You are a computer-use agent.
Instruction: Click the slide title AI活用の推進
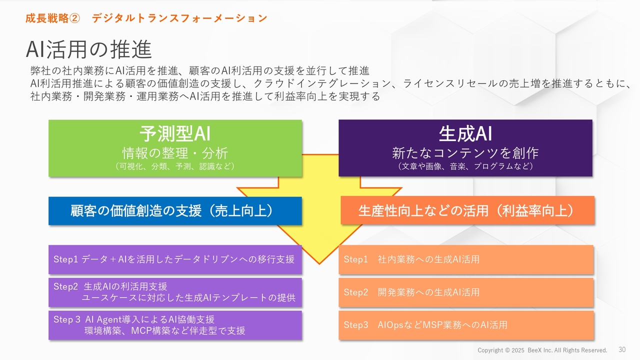[x=88, y=49]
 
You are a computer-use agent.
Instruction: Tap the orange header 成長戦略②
[x=52, y=18]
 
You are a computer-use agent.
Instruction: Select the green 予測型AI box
[x=175, y=147]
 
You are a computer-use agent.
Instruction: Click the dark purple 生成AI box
[x=465, y=147]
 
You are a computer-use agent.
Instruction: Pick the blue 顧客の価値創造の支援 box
[x=175, y=211]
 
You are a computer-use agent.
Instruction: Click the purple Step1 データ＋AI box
[x=175, y=259]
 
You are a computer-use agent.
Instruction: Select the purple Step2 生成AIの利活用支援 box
[x=175, y=292]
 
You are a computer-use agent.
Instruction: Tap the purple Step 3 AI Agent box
[x=175, y=325]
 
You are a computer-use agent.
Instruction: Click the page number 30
[x=622, y=349]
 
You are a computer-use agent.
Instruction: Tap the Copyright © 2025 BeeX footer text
[x=542, y=350]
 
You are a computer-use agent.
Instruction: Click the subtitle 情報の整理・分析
[x=175, y=152]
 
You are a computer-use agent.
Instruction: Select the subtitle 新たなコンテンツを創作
[x=465, y=152]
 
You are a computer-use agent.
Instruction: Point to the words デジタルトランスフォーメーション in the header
[x=179, y=18]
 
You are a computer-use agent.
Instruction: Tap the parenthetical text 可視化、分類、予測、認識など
[x=175, y=166]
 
